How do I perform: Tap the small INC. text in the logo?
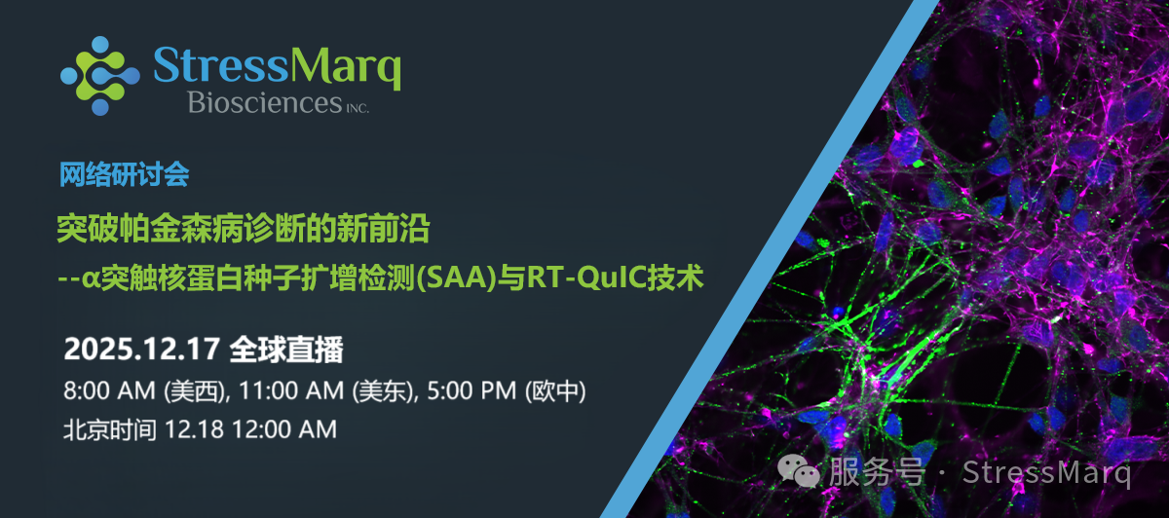coord(355,107)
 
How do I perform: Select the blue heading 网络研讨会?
coord(124,175)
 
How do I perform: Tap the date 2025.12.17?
coord(142,348)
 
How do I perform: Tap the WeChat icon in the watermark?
coord(801,474)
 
